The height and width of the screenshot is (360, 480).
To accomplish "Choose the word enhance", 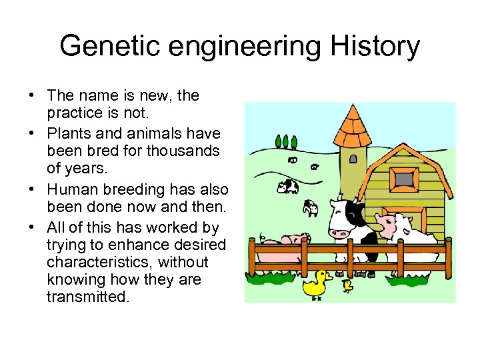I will point(131,245).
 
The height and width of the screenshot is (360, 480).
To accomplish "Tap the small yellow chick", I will point(347,286).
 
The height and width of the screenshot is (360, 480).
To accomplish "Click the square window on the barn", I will point(403,177).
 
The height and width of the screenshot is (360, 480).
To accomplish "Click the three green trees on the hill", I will point(286,141).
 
